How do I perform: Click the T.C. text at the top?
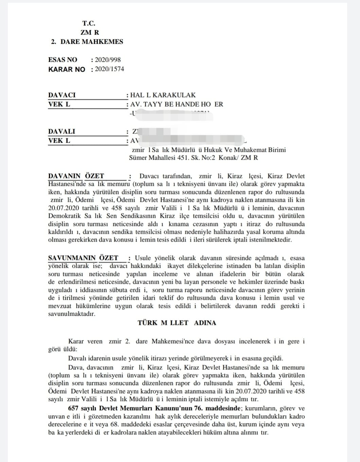point(89,23)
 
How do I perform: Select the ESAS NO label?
point(62,60)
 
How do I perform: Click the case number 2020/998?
point(108,60)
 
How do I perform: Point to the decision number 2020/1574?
point(110,69)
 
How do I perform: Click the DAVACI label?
point(62,95)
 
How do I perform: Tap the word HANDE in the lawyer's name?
point(190,104)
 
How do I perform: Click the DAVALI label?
point(61,131)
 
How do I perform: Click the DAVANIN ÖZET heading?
point(76,176)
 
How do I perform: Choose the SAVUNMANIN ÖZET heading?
point(83,258)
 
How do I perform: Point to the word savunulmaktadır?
point(72,314)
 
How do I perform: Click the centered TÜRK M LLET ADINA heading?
point(177,323)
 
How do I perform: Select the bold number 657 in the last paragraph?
point(73,408)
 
